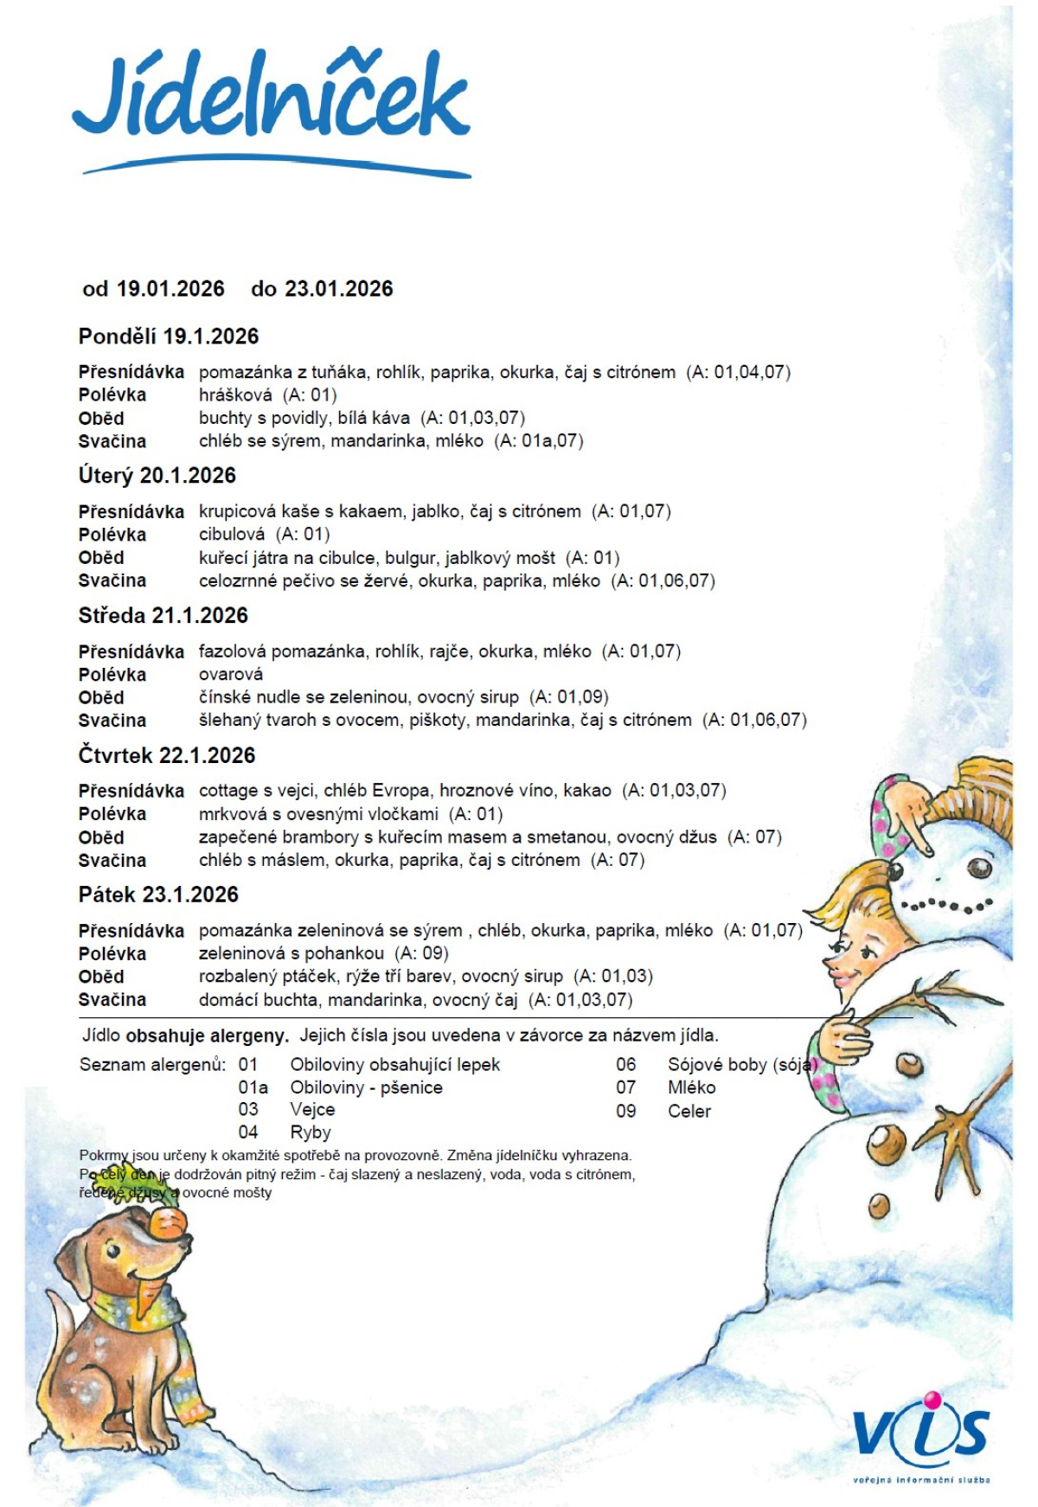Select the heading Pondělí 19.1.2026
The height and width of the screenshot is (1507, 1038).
pos(169,337)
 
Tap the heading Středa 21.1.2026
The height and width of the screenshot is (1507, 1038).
pos(163,616)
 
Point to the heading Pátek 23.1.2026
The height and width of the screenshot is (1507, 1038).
pos(158,895)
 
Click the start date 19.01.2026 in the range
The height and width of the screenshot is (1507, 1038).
pos(170,289)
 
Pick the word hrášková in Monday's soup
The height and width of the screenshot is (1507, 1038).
pos(235,395)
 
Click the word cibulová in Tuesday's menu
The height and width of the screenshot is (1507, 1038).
pos(232,535)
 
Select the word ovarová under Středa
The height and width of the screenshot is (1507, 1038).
pos(231,675)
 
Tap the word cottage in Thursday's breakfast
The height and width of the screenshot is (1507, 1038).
pos(229,791)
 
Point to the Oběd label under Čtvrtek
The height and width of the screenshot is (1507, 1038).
pos(101,837)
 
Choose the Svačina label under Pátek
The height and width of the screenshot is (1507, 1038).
pos(112,1000)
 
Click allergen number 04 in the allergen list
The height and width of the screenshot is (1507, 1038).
pos(248,1132)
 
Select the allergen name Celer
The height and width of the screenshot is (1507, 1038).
pos(689,1112)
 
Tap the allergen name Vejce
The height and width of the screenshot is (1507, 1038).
pos(312,1110)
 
